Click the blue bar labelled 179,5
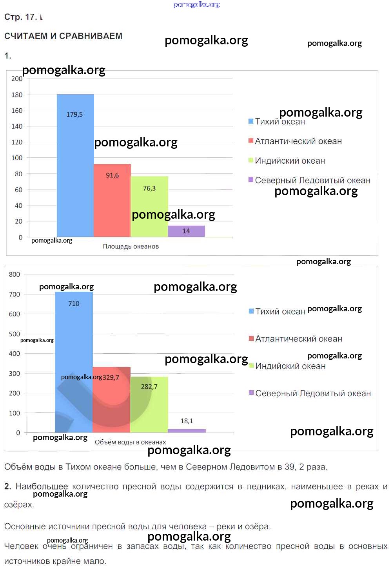point(75,165)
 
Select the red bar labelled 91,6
point(112,200)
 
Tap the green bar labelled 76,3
point(149,206)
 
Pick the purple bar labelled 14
point(186,231)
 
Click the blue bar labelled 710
point(74,353)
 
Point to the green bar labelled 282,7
point(149,404)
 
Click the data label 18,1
point(187,421)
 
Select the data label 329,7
point(111,377)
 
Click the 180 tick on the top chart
point(17,95)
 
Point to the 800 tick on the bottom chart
point(15,274)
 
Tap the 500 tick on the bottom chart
point(15,334)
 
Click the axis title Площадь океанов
point(131,247)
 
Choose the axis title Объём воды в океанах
point(130,442)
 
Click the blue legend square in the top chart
point(251,121)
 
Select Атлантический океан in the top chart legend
point(298,141)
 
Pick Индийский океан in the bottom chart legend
point(290,366)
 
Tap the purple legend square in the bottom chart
point(251,393)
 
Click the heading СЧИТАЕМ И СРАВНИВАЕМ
point(63,36)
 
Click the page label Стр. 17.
point(20,17)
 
